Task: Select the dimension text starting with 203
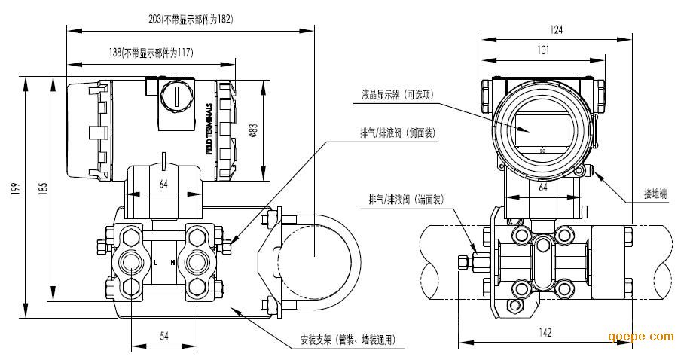(x=191, y=20)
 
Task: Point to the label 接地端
(x=655, y=194)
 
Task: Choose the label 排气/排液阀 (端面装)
(x=405, y=199)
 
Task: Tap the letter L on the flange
(x=154, y=262)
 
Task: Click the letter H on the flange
(x=174, y=262)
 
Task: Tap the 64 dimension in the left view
(x=163, y=184)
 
